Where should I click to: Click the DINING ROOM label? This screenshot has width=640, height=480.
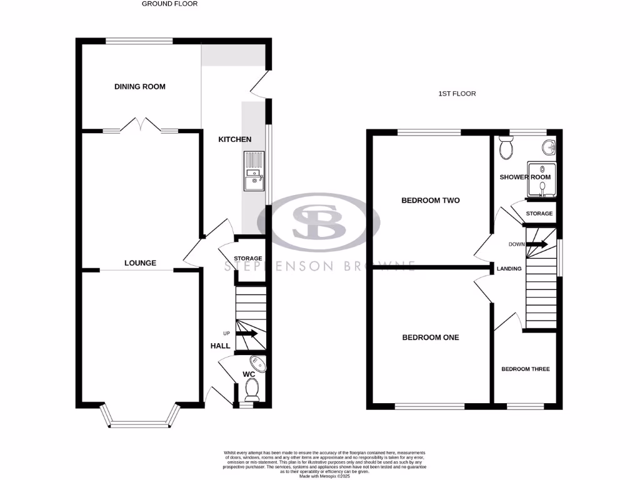pos(140,86)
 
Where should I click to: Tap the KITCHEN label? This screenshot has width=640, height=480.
pos(234,139)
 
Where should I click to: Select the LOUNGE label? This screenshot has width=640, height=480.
pos(140,263)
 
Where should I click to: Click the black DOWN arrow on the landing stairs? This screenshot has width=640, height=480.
pos(536,244)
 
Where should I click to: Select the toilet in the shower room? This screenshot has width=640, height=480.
pos(506,149)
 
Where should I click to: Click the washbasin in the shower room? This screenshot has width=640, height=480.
pos(548,148)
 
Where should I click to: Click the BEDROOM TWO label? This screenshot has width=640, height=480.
pos(430,201)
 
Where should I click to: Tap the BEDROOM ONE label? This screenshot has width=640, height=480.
pos(430,337)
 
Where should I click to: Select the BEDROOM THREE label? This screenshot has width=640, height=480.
pos(525,369)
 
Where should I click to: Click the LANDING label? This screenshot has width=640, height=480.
pos(509,269)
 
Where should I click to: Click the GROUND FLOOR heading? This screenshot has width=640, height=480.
pos(169,4)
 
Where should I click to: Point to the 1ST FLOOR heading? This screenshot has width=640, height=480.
pos(457,94)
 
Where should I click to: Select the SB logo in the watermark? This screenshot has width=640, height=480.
pos(319,222)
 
